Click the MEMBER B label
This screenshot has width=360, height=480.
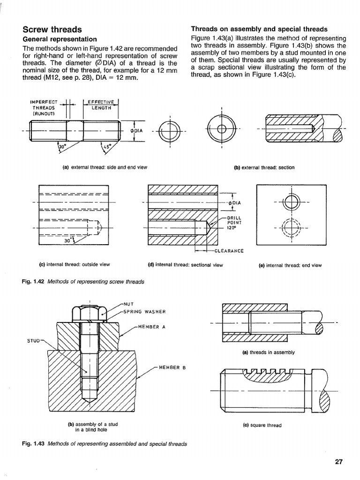pos(172,367)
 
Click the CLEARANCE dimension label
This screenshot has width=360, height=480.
pos(229,251)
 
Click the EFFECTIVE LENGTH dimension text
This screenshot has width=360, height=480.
pos(101,105)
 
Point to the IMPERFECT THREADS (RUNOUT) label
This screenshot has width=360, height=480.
pos(43,107)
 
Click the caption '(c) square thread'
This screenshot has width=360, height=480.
pos(262,426)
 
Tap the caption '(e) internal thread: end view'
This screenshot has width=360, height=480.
pos(290,265)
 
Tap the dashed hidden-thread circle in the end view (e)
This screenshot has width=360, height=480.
pos(291,228)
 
